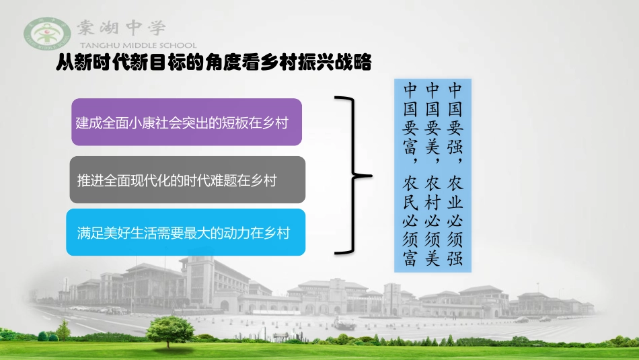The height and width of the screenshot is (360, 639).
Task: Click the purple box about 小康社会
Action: tap(186, 122)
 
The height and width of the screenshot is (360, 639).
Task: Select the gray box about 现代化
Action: tap(188, 180)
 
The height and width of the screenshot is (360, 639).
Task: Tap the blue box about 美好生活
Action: tap(186, 232)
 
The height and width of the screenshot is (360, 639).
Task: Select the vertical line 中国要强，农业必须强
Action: tap(455, 174)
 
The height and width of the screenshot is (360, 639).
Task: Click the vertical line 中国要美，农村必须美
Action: tap(433, 174)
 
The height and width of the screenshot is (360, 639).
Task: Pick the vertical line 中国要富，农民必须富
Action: tap(410, 174)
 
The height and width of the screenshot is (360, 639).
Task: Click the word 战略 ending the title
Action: tap(357, 63)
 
